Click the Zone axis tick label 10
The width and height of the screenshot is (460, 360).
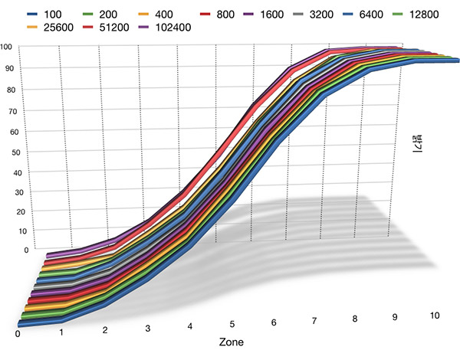[435, 316]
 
